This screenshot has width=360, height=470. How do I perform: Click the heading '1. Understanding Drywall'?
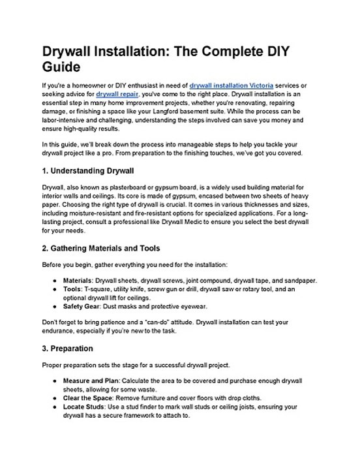pos(87,171)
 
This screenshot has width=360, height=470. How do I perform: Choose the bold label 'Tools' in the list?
pos(72,289)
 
